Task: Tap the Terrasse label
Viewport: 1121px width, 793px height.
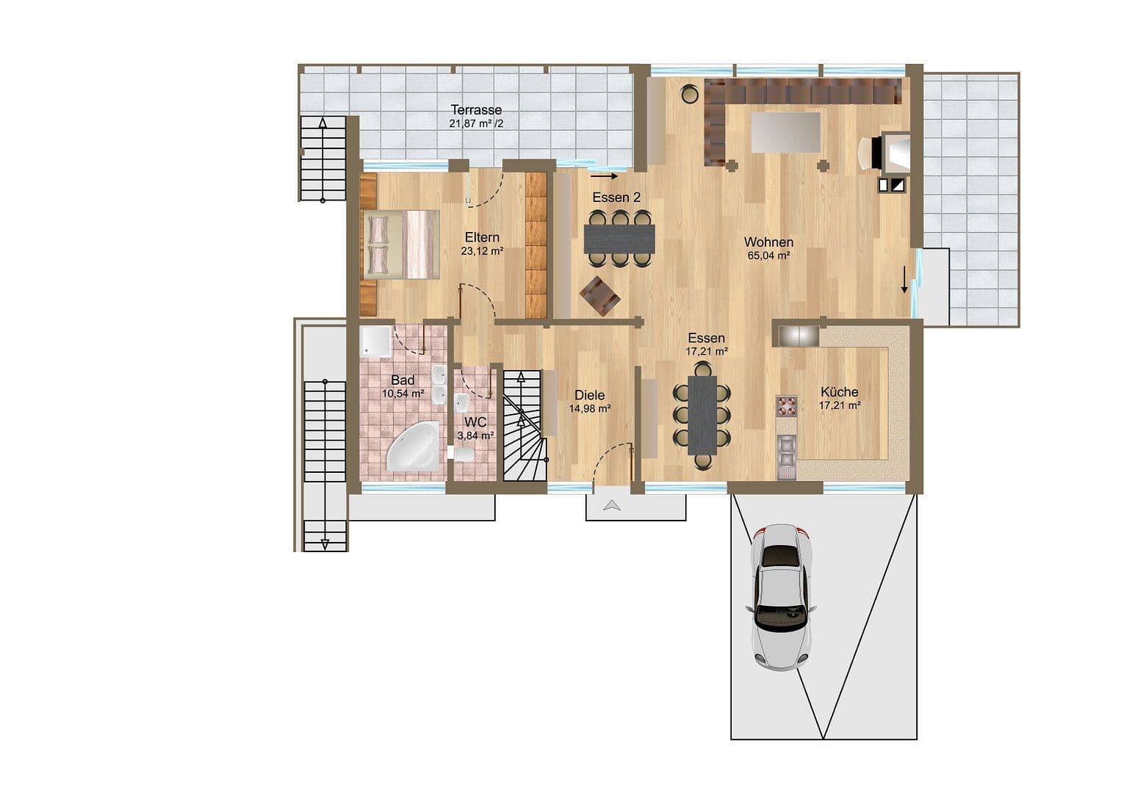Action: (x=476, y=110)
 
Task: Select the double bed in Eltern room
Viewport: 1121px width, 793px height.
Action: (x=401, y=245)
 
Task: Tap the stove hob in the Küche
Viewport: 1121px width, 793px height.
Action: (x=787, y=406)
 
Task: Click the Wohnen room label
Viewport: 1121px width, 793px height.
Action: (x=768, y=242)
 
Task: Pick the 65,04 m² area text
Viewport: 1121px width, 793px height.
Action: (x=768, y=256)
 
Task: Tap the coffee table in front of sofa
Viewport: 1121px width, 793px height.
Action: (x=785, y=133)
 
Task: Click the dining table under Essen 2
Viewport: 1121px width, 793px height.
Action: (x=619, y=238)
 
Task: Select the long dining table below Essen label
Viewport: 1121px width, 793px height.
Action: (x=702, y=415)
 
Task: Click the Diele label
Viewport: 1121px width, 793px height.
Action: (x=589, y=396)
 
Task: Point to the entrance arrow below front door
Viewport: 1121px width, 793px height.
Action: (x=611, y=505)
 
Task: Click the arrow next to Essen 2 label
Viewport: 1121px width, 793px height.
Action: (x=605, y=176)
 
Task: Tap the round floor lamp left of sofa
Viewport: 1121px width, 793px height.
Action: (x=689, y=93)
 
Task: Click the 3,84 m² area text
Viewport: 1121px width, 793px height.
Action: (x=476, y=435)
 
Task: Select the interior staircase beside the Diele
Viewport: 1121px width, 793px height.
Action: (x=525, y=426)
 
